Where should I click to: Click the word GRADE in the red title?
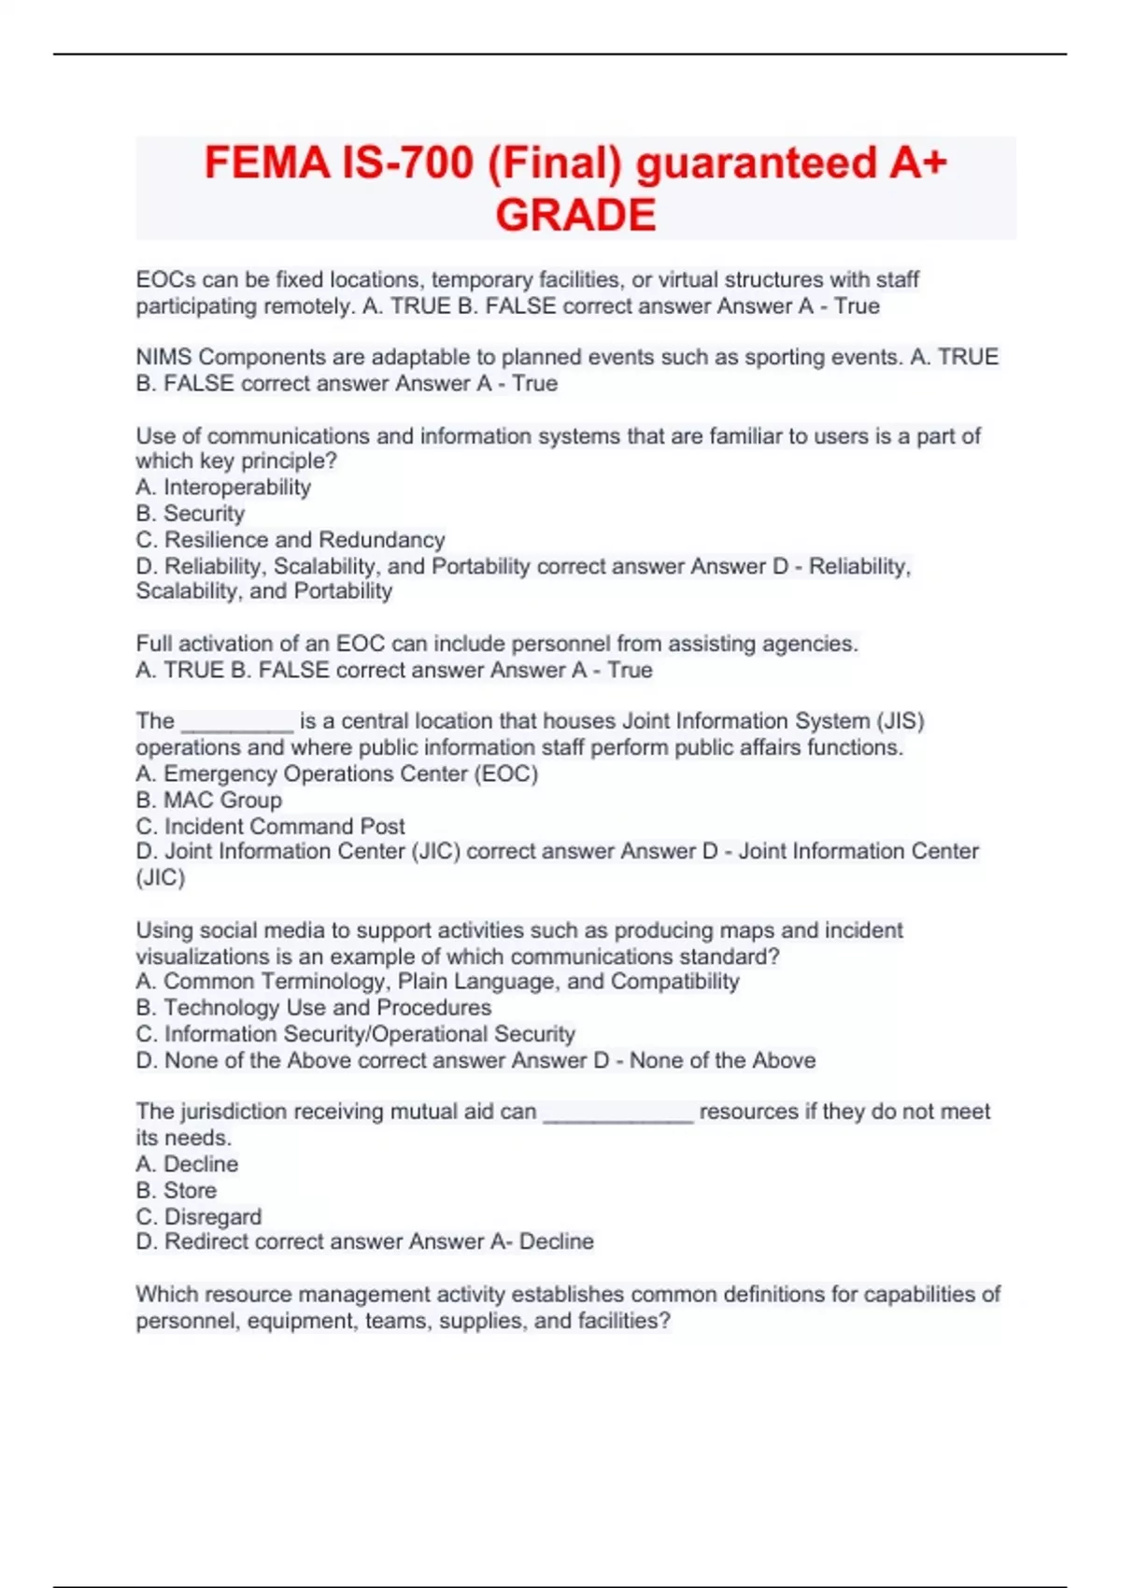point(575,215)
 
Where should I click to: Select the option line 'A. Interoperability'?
point(223,487)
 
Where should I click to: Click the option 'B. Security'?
point(191,513)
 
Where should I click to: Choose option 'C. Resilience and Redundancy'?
point(291,539)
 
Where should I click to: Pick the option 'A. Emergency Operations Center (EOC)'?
point(337,773)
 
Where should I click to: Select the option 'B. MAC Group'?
point(209,800)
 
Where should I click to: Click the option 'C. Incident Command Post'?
point(271,826)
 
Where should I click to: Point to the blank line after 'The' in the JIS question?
point(237,723)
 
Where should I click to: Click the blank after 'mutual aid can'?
point(618,1113)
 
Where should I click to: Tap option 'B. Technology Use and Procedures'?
point(314,1007)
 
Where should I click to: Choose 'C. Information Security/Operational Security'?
point(356,1033)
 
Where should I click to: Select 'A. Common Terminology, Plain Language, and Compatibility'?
point(437,981)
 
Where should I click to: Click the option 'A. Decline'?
point(187,1164)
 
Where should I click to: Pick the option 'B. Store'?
point(177,1190)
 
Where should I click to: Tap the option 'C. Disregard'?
point(199,1216)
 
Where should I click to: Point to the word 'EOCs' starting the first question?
point(164,279)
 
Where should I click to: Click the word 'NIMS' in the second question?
point(164,357)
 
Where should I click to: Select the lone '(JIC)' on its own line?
point(161,877)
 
